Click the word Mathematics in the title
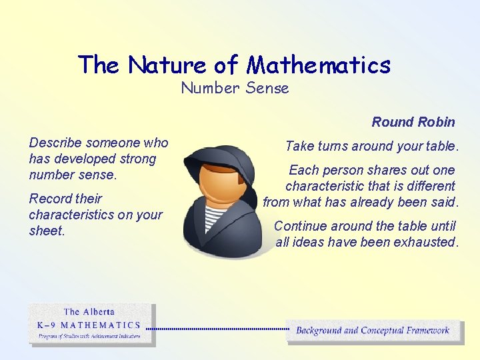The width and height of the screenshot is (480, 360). pyautogui.click(x=319, y=65)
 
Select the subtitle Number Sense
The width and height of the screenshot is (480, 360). pyautogui.click(x=235, y=88)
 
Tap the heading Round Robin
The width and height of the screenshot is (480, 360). pyautogui.click(x=413, y=122)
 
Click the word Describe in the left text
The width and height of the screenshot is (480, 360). pyautogui.click(x=56, y=143)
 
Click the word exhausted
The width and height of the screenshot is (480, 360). pyautogui.click(x=425, y=242)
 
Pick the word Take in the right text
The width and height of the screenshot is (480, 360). pyautogui.click(x=299, y=146)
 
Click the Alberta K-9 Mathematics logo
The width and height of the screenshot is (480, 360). pyautogui.click(x=91, y=325)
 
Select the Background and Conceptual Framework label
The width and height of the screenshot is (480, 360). pyautogui.click(x=373, y=330)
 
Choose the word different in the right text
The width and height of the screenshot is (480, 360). pyautogui.click(x=427, y=186)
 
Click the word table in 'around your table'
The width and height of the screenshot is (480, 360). pyautogui.click(x=443, y=146)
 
